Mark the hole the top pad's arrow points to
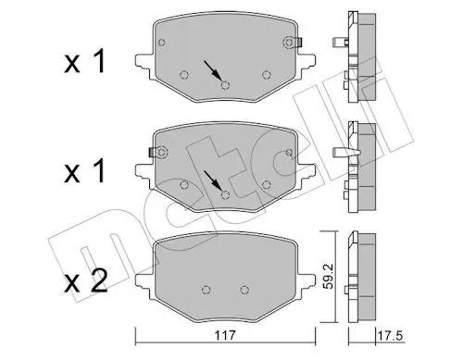pos(225,85)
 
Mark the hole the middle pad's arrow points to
pos(225,193)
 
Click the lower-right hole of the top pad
pos(267,75)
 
